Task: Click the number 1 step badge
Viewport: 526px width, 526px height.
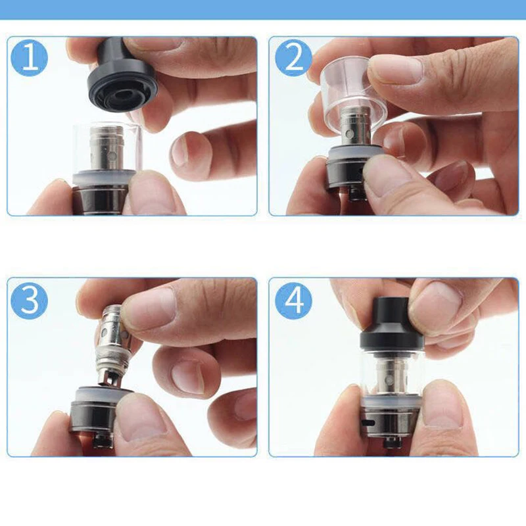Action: [x=30, y=59]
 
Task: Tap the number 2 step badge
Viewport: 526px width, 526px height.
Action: [x=293, y=59]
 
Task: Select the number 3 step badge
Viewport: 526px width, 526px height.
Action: [x=30, y=300]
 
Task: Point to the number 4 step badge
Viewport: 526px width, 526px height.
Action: [x=293, y=300]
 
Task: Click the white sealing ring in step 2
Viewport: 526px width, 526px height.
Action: [x=349, y=155]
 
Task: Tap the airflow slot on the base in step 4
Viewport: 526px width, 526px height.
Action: [x=368, y=422]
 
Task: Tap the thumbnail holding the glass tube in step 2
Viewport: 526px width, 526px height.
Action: [x=396, y=70]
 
